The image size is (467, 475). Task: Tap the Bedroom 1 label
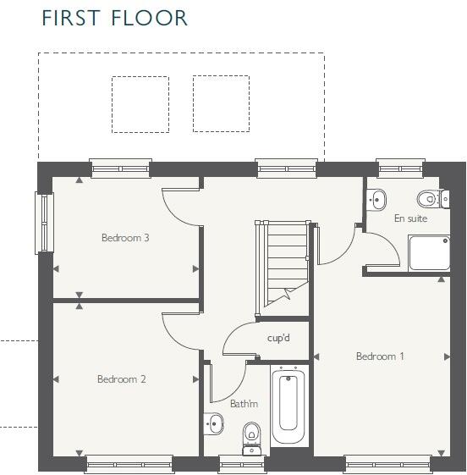tap(380, 356)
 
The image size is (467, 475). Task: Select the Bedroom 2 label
tap(121, 379)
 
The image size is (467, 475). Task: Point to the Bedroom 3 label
tap(125, 238)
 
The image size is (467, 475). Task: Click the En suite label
tap(410, 218)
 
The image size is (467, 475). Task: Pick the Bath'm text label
tap(244, 404)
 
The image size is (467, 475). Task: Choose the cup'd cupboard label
tap(278, 338)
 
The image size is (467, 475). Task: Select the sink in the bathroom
tap(213, 423)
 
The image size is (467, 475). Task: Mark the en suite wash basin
tap(378, 200)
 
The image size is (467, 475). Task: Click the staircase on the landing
tap(282, 258)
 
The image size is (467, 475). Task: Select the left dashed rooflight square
tap(140, 104)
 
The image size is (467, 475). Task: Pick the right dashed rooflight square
tap(221, 104)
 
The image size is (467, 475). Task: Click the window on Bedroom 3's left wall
tap(39, 222)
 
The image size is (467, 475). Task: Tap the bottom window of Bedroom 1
tap(387, 462)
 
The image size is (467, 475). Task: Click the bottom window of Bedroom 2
tap(129, 462)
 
